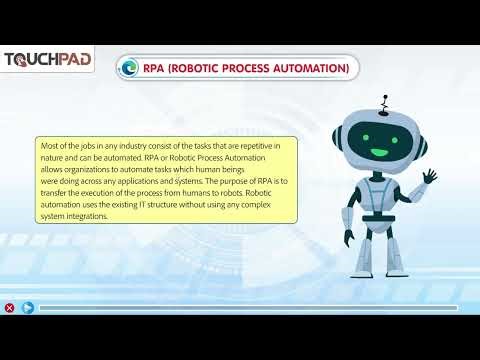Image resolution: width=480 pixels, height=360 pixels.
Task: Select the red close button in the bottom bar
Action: tap(10, 308)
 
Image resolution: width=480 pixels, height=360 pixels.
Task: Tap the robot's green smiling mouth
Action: tap(379, 151)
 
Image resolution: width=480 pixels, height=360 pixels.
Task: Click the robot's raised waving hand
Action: tap(429, 177)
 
